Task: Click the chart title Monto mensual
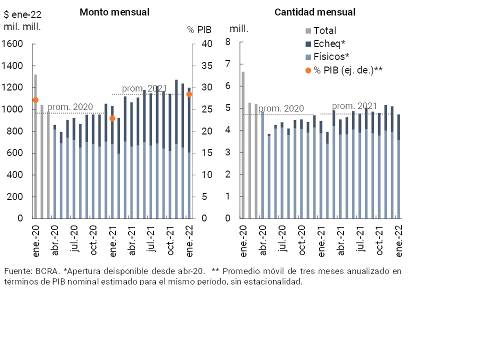tap(114, 11)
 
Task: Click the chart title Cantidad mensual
tap(315, 11)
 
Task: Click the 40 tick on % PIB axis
tap(206, 44)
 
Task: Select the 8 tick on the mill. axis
tap(227, 42)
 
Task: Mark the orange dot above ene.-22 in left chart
tap(189, 94)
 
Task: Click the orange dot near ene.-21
tap(112, 118)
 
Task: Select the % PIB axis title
tap(199, 29)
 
